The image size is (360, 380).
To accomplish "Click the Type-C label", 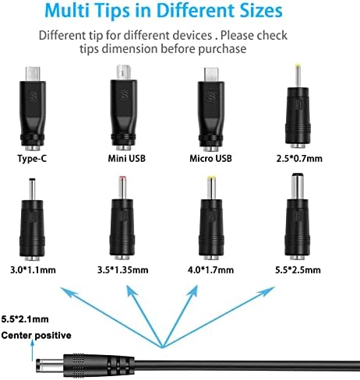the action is [x=32, y=158].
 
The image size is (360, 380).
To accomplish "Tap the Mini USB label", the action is [x=127, y=158].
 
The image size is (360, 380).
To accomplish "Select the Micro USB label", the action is [x=210, y=158].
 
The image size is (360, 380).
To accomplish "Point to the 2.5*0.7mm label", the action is [x=299, y=158].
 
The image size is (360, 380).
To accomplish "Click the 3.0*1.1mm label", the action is [x=33, y=270].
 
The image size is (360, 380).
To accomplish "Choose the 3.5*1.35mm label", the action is [x=123, y=270].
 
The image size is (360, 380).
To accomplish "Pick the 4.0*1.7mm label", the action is [x=210, y=270].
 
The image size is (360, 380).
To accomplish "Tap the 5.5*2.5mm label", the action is [x=298, y=270].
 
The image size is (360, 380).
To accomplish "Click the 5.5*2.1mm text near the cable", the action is [x=25, y=319].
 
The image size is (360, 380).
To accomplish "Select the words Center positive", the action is [x=36, y=336].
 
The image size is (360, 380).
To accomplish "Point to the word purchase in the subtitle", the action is [x=222, y=49].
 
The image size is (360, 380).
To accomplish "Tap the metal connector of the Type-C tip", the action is [x=33, y=74].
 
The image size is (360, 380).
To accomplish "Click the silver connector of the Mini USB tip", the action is [x=123, y=72].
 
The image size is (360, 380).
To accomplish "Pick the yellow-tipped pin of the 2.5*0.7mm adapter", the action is [x=298, y=76].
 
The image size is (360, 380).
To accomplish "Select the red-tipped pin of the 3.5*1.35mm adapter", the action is [x=122, y=188].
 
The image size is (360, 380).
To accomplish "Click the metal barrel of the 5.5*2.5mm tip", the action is [x=298, y=186].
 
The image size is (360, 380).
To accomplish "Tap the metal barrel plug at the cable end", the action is [x=50, y=365].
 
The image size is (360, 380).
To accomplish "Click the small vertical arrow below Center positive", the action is [x=32, y=350].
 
